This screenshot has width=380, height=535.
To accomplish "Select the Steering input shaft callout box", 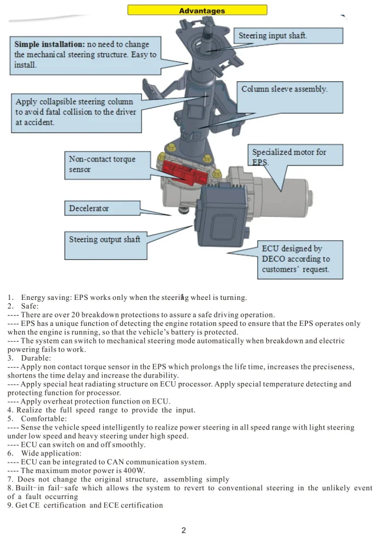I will coord(289,36).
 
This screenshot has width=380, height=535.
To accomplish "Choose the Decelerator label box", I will coord(102,209).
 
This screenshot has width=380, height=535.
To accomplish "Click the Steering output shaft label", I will coord(105,240).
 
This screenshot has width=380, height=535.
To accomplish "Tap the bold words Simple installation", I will coord(49,44).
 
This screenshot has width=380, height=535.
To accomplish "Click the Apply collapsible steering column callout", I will coord(75,112).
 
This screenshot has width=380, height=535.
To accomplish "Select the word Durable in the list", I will coord(36,358).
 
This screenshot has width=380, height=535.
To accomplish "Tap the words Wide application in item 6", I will coord(51,454).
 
